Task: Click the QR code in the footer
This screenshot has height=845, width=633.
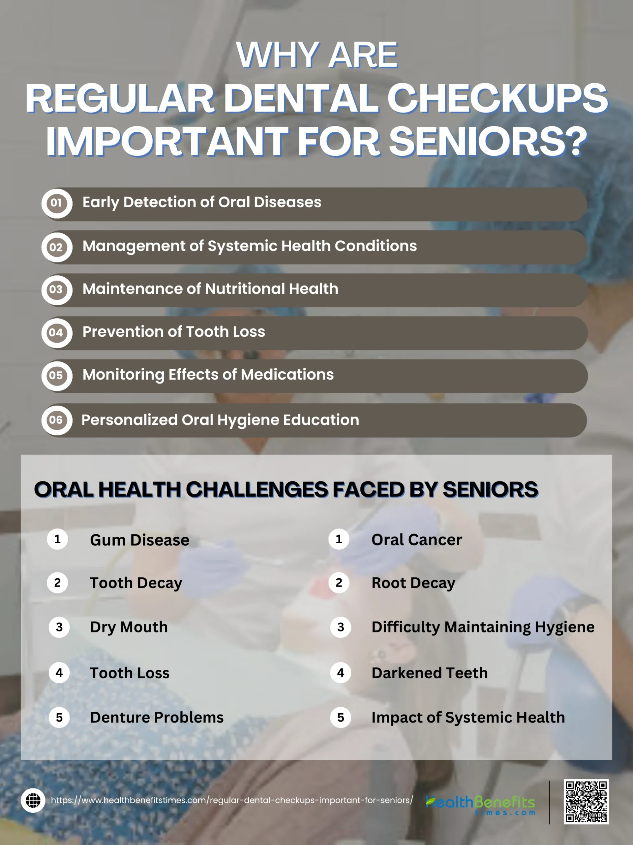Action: (586, 802)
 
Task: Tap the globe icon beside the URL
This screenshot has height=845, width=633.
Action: (33, 800)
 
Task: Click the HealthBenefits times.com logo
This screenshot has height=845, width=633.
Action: (480, 804)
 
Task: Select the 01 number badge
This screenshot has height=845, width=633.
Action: (57, 203)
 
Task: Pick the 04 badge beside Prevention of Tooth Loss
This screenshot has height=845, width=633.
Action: (57, 333)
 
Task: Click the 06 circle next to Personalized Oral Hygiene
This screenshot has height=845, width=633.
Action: (57, 420)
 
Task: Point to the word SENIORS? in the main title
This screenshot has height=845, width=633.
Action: (488, 141)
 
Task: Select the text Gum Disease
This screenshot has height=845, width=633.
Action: (140, 540)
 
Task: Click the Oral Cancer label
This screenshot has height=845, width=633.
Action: (417, 539)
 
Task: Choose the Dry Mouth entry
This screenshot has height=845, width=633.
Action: (129, 627)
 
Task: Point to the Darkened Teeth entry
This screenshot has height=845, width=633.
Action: (430, 673)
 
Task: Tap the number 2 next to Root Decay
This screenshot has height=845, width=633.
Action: (339, 583)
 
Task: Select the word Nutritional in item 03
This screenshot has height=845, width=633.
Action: (245, 289)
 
